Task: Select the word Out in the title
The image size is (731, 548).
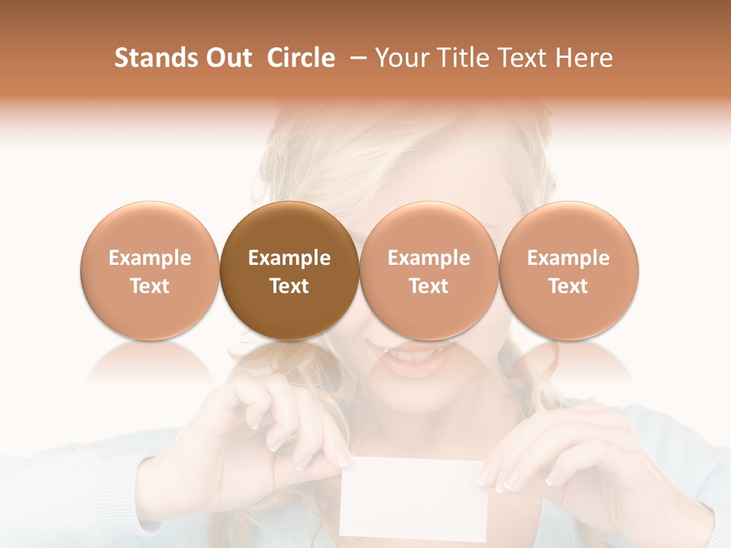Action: point(226,58)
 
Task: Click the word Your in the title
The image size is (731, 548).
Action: point(401,58)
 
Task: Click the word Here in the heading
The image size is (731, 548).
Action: point(584,58)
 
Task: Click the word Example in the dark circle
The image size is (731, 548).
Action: point(289,258)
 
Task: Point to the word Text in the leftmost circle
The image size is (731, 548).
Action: point(149,286)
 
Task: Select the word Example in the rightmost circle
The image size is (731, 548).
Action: point(569,258)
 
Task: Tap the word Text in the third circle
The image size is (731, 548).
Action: point(429,286)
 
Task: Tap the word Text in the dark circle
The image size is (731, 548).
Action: point(289,286)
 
